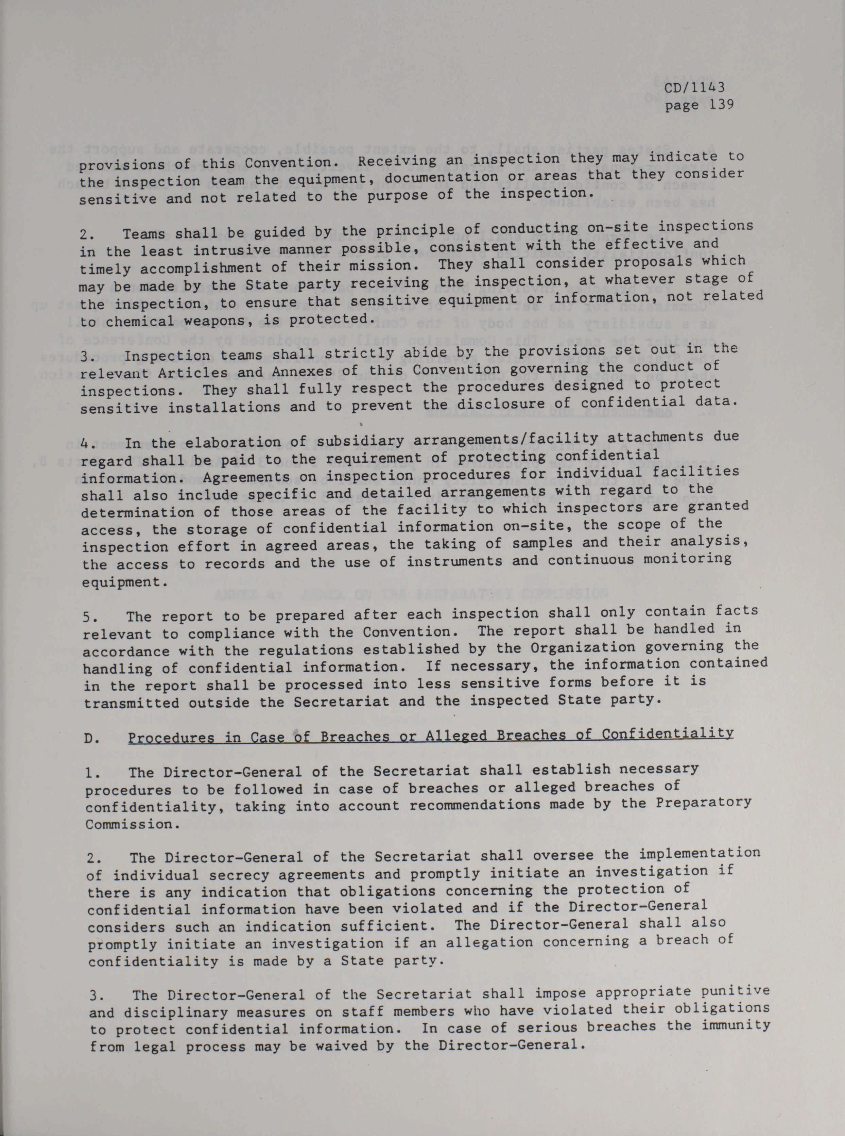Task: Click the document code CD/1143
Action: (695, 88)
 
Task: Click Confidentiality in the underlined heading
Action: (668, 734)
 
